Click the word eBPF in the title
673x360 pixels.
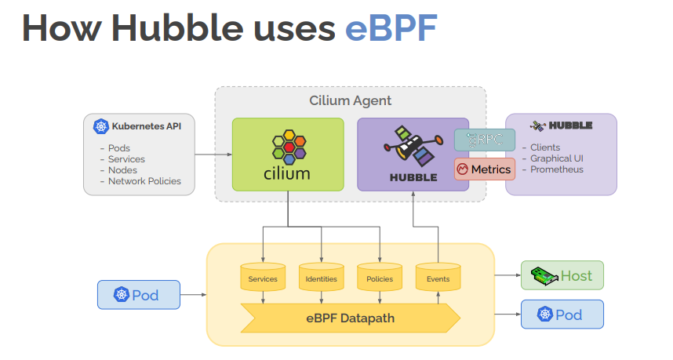coord(390,27)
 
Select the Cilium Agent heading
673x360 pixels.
coord(350,100)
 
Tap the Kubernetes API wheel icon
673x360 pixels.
coord(100,126)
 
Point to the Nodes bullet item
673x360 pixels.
coord(122,170)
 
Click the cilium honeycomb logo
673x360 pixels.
coord(288,147)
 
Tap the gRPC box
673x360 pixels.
coord(485,140)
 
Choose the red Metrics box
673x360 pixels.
coord(485,169)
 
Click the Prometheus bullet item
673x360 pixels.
coord(557,169)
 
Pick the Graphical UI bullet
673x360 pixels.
coord(557,158)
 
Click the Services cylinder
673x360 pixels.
coord(263,278)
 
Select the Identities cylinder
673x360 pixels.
coord(321,278)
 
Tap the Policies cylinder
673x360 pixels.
coord(380,278)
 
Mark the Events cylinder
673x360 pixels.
coord(438,278)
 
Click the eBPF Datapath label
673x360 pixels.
coord(350,318)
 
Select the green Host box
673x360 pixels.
coord(562,276)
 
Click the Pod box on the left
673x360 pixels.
coord(138,295)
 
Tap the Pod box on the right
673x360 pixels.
coord(562,315)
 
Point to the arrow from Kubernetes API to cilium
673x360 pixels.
coord(213,155)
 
